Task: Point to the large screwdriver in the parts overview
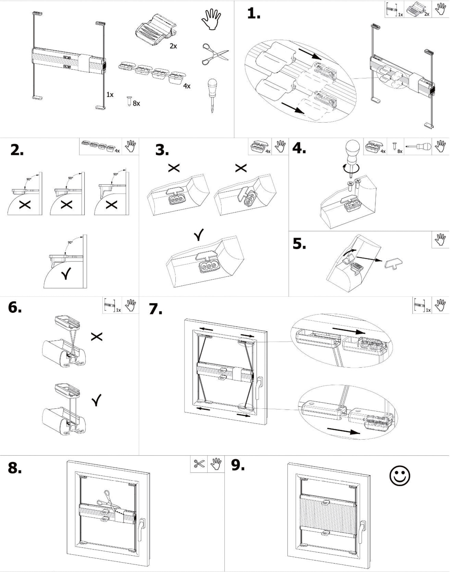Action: click(212, 95)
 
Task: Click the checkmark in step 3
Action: click(199, 235)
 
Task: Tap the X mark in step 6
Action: click(97, 336)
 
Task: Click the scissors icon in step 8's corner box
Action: click(199, 464)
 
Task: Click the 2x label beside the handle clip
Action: click(173, 46)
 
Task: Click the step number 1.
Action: click(254, 13)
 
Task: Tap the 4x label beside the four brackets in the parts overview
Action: click(187, 86)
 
